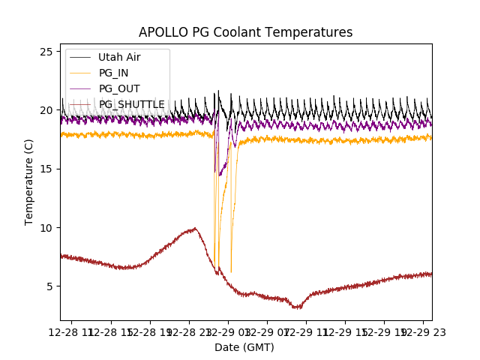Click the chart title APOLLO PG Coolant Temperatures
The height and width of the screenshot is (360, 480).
pyautogui.click(x=245, y=32)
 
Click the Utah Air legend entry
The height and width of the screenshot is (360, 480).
pyautogui.click(x=118, y=57)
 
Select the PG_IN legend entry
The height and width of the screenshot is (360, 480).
pyautogui.click(x=113, y=73)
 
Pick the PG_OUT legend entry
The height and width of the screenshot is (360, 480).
pyautogui.click(x=118, y=88)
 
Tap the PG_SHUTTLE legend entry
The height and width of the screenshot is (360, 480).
pyautogui.click(x=131, y=104)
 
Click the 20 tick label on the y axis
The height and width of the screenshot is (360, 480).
pyautogui.click(x=46, y=110)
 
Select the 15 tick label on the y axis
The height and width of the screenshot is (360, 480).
pyautogui.click(x=46, y=169)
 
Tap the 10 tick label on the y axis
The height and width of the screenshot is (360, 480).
pyautogui.click(x=46, y=227)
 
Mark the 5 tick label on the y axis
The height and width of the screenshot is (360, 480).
pyautogui.click(x=49, y=286)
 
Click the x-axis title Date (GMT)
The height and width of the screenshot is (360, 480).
pyautogui.click(x=244, y=347)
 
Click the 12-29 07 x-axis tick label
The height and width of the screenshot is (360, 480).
pyautogui.click(x=268, y=331)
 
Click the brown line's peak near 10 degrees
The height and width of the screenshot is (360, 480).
pyautogui.click(x=195, y=229)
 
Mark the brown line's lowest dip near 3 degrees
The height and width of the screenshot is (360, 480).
pyautogui.click(x=298, y=307)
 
